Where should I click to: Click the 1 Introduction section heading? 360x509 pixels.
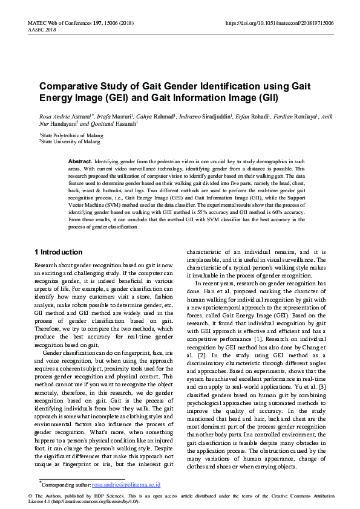pyautogui.click(x=59, y=252)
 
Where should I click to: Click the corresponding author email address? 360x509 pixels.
pyautogui.click(x=126, y=485)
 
